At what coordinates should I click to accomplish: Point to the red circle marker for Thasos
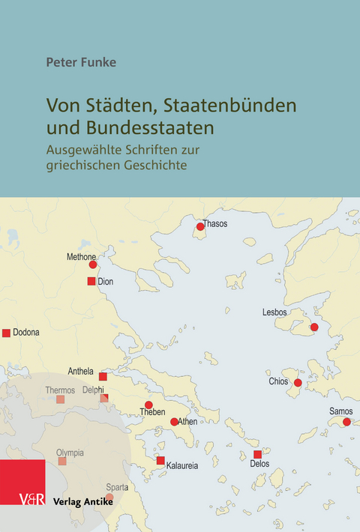tap(200, 227)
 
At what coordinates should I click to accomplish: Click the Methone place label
tap(81, 257)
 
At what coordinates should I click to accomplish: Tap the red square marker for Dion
tap(91, 282)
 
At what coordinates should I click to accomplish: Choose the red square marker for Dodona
tap(7, 333)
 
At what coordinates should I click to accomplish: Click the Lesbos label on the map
tap(276, 312)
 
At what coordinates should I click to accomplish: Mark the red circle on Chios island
tap(298, 383)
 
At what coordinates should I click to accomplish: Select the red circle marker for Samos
tap(346, 423)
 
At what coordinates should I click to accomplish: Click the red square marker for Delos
tap(257, 455)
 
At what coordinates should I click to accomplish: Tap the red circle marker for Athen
tap(174, 422)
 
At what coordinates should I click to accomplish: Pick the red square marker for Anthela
tap(103, 376)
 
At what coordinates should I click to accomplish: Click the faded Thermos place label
tap(60, 390)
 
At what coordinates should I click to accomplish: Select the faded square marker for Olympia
tap(62, 462)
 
